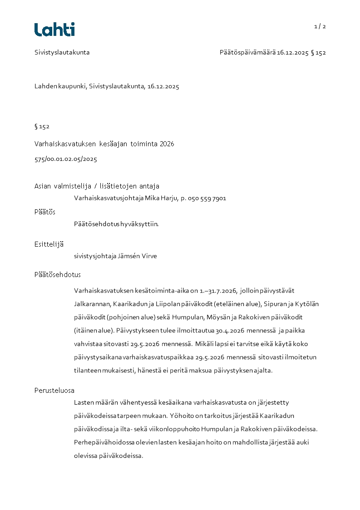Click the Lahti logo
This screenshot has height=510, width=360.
tap(54, 30)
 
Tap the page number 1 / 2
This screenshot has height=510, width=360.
tap(320, 26)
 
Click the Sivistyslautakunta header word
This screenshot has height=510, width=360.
tap(62, 52)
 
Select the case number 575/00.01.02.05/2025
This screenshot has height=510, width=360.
tap(66, 159)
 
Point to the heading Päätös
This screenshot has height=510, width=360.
tap(45, 212)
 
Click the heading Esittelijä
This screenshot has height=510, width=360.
tap(49, 244)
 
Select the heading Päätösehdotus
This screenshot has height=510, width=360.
tap(57, 275)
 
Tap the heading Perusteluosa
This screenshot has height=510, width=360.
tap(54, 390)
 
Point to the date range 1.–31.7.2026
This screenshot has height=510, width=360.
tap(218, 290)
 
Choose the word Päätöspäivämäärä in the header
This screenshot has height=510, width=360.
tap(247, 52)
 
